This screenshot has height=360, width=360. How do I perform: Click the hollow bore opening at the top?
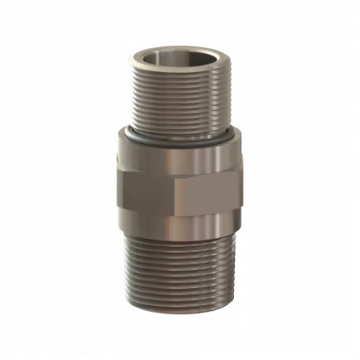click(x=179, y=60)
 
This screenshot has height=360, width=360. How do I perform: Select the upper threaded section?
click(x=179, y=102)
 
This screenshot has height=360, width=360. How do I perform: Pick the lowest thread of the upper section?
click(x=179, y=128)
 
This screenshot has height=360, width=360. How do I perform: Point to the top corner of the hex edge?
click(x=178, y=166)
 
